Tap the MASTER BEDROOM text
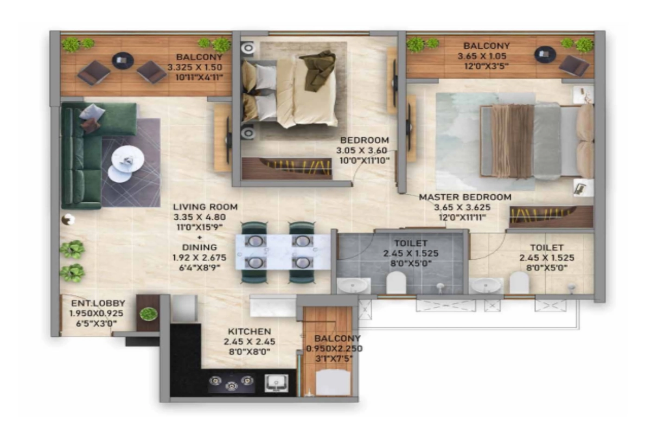[x=464, y=197]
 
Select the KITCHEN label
[x=249, y=331]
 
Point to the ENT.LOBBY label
[x=98, y=303]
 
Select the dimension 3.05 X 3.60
[x=362, y=150]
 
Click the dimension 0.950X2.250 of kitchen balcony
[x=334, y=349]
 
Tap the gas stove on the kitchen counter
[x=232, y=383]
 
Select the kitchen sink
[x=277, y=383]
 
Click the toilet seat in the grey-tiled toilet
[x=395, y=282]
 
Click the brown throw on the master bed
[x=513, y=141]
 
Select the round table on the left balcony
[x=122, y=60]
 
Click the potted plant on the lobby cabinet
[x=148, y=314]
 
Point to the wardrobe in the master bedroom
[x=551, y=216]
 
